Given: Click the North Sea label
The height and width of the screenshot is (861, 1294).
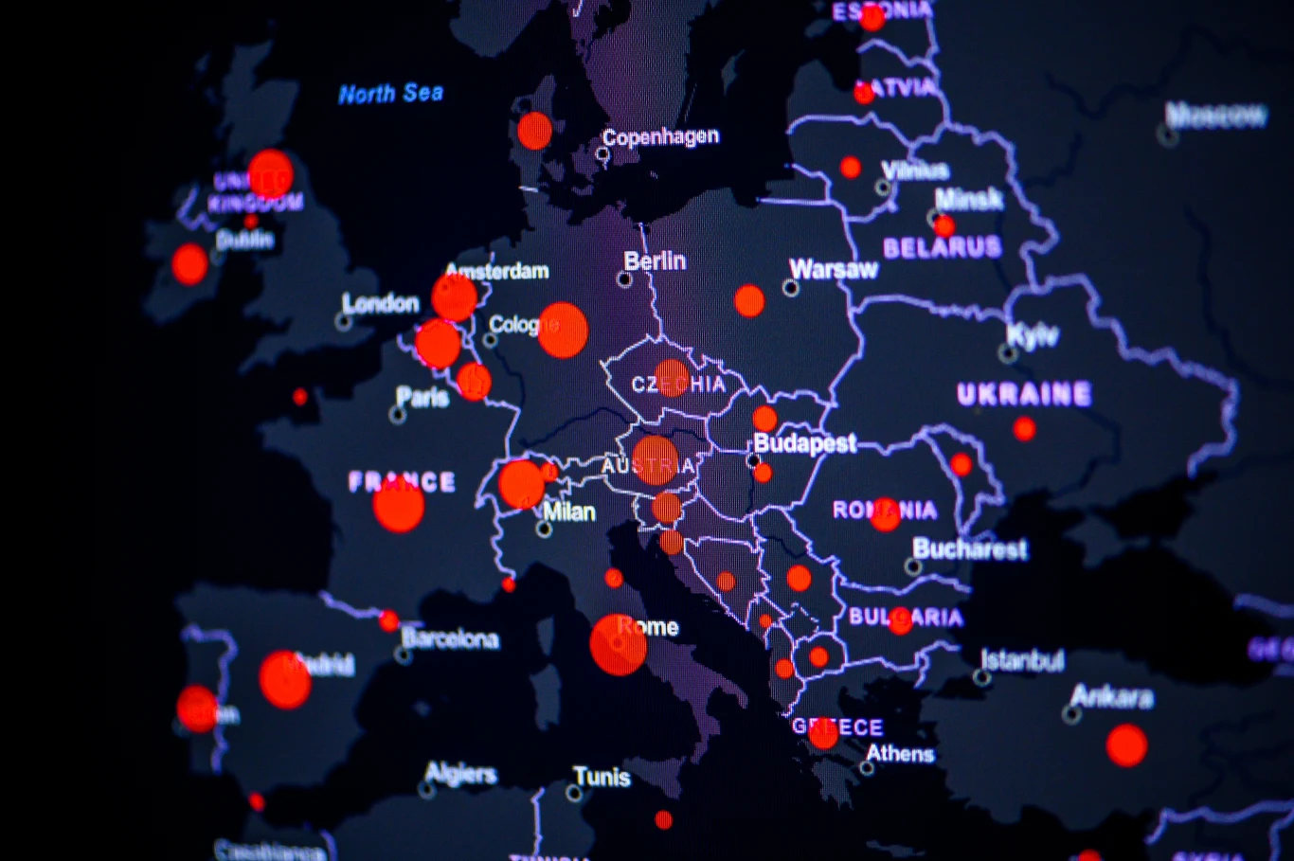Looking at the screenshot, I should tap(390, 94).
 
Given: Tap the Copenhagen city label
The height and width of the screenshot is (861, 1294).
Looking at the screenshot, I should tap(660, 137).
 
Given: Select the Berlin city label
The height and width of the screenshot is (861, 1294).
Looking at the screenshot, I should tap(655, 261).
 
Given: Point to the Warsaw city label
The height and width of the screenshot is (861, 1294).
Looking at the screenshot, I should tap(834, 270).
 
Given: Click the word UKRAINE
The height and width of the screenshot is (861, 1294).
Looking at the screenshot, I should tap(1024, 394).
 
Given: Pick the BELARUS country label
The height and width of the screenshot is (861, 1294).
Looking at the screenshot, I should tap(942, 248).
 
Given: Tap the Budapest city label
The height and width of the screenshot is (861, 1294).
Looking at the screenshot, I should tap(805, 443).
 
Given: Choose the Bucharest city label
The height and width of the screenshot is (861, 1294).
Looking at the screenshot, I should tap(969, 549).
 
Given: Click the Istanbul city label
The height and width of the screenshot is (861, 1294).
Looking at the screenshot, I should tap(1022, 660).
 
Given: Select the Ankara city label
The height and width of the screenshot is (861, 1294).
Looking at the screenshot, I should tap(1112, 698).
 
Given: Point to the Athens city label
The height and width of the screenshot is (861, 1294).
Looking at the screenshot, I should tap(900, 754).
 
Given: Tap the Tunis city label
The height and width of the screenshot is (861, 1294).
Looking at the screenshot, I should tap(602, 778).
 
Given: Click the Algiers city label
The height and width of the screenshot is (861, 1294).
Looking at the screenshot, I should tap(460, 774).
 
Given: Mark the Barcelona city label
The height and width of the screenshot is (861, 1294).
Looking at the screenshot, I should tap(450, 639).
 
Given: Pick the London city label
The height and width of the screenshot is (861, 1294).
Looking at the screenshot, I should tap(380, 304).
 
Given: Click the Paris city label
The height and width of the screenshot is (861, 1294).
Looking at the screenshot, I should tap(422, 397).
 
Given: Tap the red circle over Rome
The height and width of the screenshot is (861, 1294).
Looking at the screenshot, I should tap(618, 645).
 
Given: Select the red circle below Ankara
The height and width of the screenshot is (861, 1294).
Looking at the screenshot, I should tap(1126, 745).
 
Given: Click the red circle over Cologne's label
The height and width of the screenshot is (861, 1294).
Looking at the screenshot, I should tap(563, 330).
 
